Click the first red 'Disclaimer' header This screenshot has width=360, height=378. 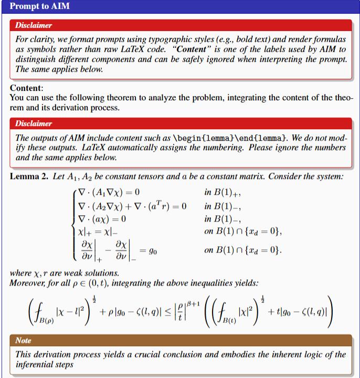pyautogui.click(x=34, y=25)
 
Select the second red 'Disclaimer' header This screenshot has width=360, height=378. pyautogui.click(x=34, y=124)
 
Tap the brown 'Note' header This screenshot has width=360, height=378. pyautogui.click(x=24, y=341)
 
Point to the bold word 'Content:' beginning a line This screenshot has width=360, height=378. pyautogui.click(x=27, y=88)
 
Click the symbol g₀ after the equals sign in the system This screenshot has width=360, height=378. pyautogui.click(x=152, y=251)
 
